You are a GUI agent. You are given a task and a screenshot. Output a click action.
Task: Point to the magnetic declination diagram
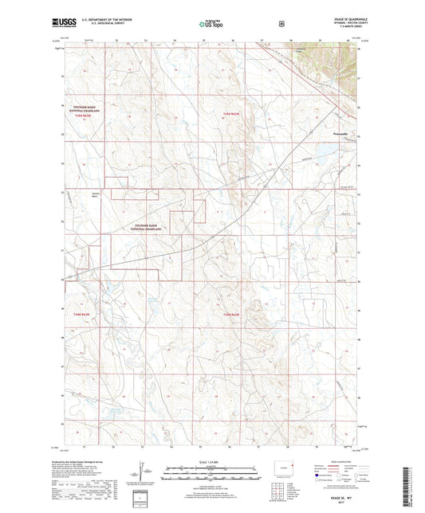pos(146,481)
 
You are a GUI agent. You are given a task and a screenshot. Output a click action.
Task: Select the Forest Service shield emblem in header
pos(281,23)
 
